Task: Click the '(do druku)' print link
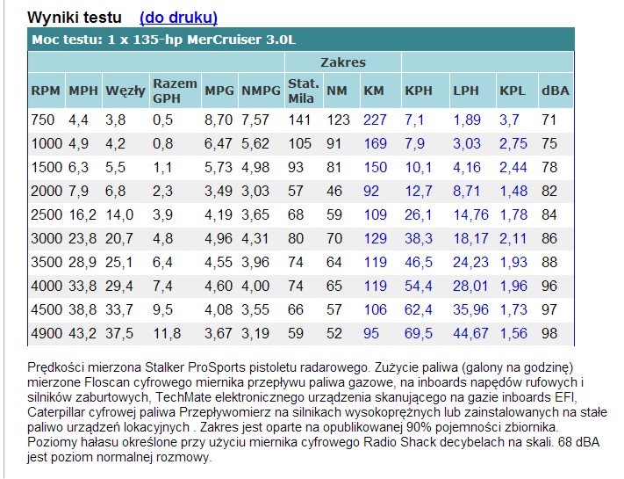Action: coord(178,17)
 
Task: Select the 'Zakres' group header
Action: coord(343,62)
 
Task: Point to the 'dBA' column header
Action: coord(555,91)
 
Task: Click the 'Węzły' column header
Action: coord(125,91)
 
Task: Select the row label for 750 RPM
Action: coord(42,120)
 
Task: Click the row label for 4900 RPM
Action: coord(46,333)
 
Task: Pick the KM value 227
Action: coord(375,120)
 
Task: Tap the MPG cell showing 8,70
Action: coord(219,120)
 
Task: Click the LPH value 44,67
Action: coord(470,333)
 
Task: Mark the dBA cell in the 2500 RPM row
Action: coord(549,214)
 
